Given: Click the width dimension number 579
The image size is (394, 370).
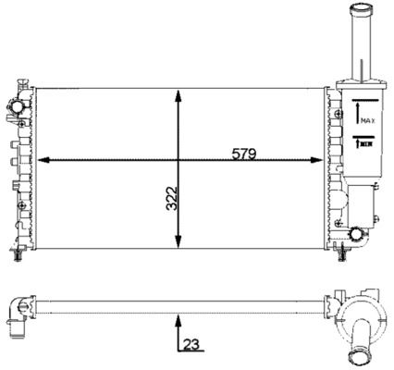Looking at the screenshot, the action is coord(244,154).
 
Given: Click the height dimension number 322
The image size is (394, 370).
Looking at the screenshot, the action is coord(172,198).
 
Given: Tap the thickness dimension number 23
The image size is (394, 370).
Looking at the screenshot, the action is coord(191,344).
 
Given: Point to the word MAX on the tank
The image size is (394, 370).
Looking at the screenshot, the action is coord(368,121).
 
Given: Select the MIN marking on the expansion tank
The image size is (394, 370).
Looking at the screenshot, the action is coord(365,143).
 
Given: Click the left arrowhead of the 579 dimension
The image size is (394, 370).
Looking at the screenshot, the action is coord(43,160).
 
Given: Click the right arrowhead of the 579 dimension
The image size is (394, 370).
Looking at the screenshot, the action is coord(316,160).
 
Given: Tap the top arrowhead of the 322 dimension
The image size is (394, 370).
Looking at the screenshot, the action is coord(178,96).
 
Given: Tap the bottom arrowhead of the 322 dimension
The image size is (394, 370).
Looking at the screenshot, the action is coord(178,241).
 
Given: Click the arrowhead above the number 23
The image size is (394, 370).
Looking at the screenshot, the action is coord(178,321).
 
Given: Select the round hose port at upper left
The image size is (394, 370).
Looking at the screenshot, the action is coord(17,107).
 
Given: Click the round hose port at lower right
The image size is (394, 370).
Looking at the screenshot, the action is coord(356,234).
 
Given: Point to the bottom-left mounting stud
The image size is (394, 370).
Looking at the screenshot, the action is coord(18,255).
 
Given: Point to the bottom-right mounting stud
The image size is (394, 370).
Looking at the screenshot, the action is coord(342,255).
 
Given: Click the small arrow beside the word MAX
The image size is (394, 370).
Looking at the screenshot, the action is coord(357,113).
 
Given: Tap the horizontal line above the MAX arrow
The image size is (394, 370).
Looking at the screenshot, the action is coord(365,100).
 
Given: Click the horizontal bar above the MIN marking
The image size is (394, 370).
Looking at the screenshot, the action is coord(363,136).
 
